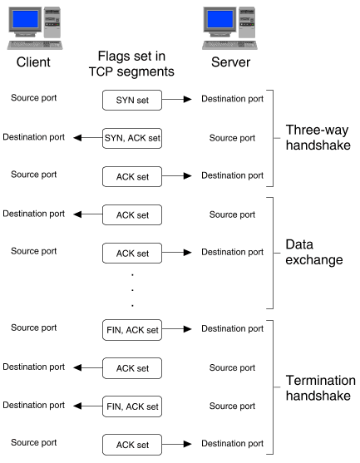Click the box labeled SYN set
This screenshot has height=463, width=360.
[x=132, y=100]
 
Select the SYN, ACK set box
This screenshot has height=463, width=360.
[x=132, y=138]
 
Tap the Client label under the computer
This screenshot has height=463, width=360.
[x=33, y=62]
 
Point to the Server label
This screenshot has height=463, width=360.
[x=230, y=62]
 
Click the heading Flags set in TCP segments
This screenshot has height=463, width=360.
[x=131, y=64]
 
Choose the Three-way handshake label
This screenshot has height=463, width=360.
[x=318, y=138]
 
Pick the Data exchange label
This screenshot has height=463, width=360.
[x=314, y=252]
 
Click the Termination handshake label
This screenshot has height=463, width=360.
[x=320, y=387]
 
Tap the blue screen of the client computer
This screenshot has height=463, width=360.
[x=25, y=19]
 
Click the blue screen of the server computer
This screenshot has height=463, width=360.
[x=220, y=19]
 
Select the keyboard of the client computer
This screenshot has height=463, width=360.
[x=35, y=45]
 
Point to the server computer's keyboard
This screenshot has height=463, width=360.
[x=229, y=45]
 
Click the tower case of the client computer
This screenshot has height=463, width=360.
[x=52, y=22]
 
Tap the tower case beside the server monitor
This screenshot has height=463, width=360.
[x=247, y=22]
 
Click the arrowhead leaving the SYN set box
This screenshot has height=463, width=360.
[x=188, y=100]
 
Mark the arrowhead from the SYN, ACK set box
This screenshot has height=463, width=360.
[x=77, y=138]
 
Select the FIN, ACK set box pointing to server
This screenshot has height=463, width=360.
[x=132, y=330]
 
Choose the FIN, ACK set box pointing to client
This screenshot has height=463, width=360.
[x=132, y=406]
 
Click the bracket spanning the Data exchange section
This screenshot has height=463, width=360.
[x=274, y=253]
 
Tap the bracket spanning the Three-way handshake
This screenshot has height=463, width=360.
[x=274, y=138]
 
